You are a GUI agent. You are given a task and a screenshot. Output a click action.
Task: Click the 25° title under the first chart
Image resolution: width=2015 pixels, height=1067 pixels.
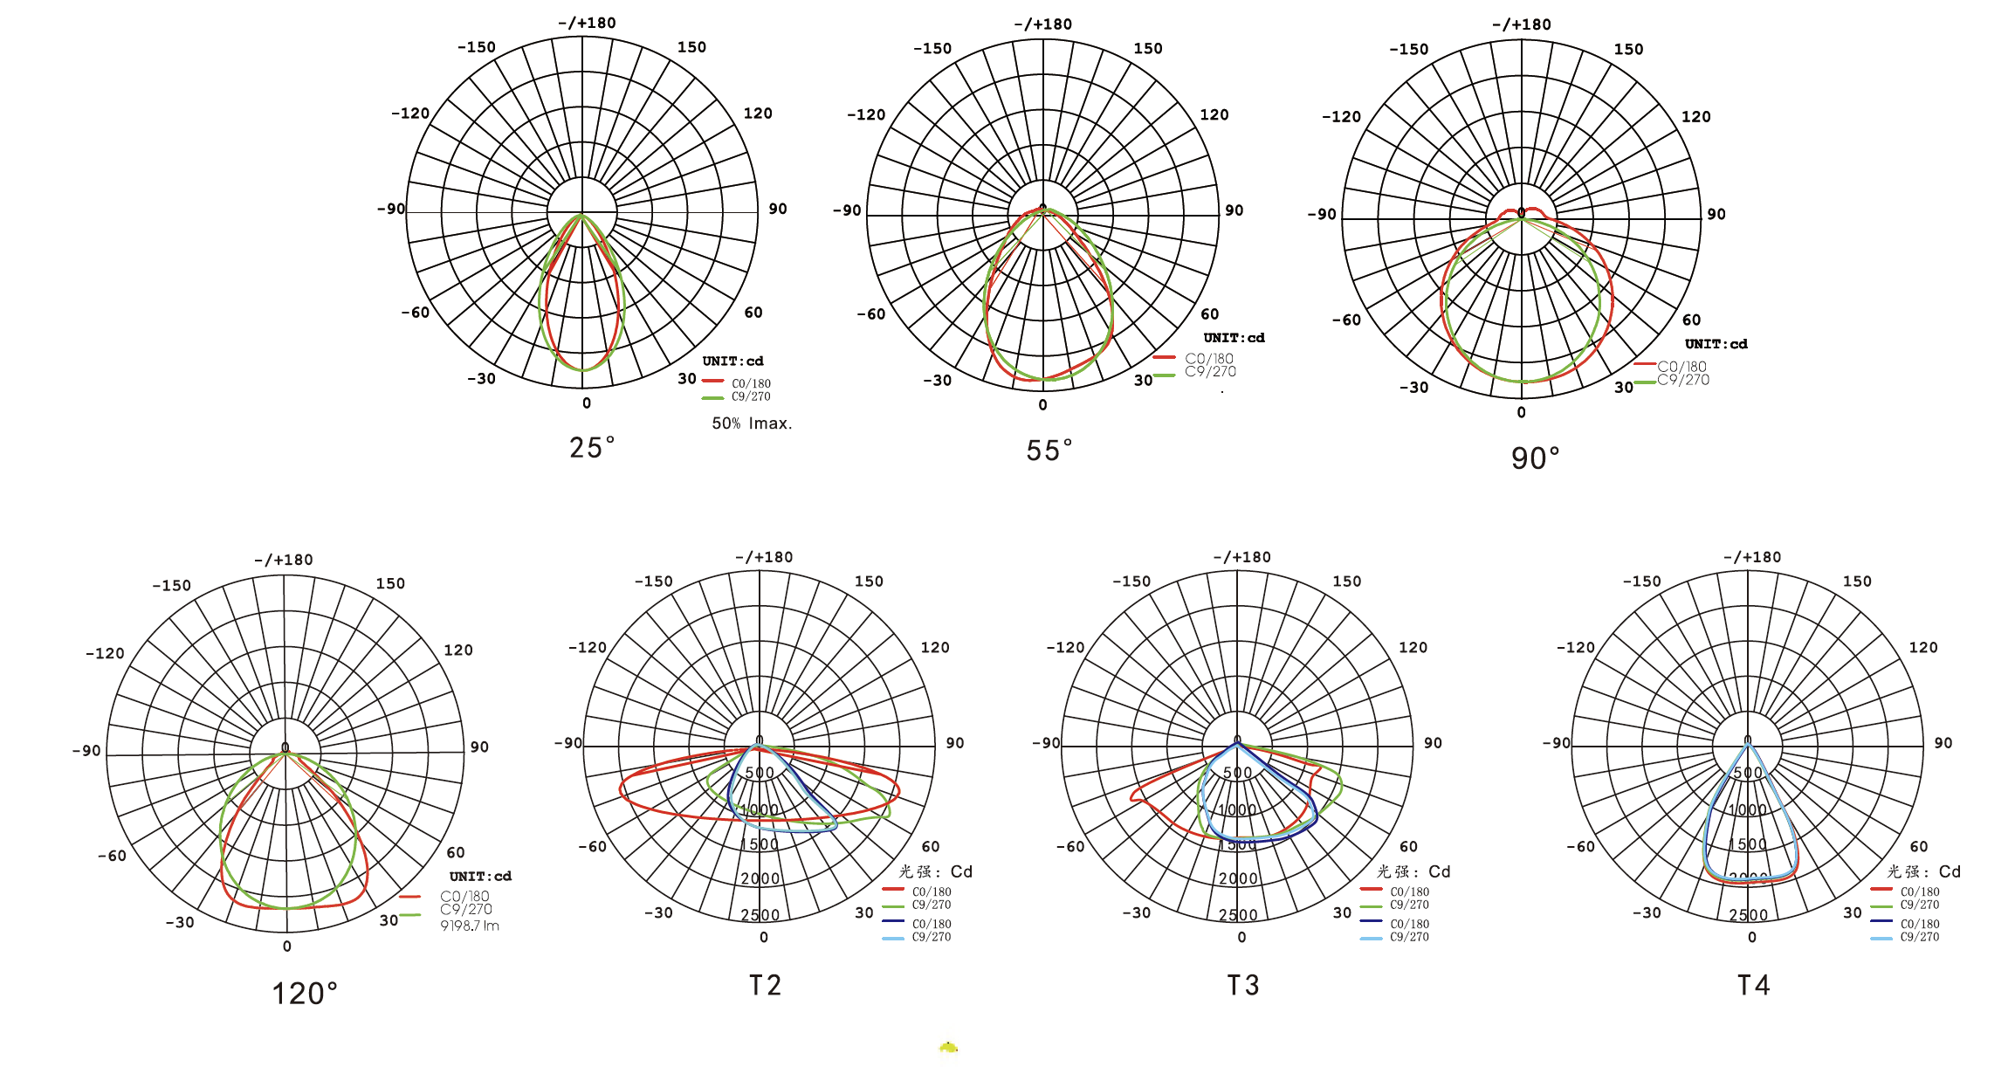tap(591, 448)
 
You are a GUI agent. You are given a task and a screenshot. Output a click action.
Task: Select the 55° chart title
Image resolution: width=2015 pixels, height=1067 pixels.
tap(1049, 451)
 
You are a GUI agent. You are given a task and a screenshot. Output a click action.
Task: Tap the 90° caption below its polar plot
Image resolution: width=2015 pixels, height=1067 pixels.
tap(1535, 458)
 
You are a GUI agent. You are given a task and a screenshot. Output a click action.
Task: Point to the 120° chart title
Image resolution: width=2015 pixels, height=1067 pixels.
tap(304, 994)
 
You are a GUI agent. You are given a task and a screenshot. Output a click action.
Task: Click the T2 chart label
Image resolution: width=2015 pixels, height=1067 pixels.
tap(765, 986)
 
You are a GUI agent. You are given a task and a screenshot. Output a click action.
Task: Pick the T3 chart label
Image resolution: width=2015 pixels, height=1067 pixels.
tap(1243, 986)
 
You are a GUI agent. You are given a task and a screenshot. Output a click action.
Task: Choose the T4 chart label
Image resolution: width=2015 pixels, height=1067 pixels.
tap(1753, 986)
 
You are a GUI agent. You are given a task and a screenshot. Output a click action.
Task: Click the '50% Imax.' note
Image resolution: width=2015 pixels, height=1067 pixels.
tap(752, 423)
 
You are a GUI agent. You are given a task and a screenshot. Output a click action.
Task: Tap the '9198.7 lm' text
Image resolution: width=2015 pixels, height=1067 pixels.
tap(470, 926)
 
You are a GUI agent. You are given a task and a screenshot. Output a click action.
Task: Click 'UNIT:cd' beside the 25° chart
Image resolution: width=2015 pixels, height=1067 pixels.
tap(732, 361)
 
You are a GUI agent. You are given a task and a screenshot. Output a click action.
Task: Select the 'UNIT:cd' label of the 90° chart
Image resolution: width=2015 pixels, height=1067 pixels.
tap(1716, 344)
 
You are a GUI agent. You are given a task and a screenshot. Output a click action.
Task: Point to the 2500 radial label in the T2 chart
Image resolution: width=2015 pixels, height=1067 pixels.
tap(760, 915)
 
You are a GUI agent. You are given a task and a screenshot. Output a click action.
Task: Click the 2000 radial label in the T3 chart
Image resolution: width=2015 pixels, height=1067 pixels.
tap(1238, 878)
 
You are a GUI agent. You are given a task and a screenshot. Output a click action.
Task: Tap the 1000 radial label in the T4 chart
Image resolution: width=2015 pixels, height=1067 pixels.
tap(1748, 810)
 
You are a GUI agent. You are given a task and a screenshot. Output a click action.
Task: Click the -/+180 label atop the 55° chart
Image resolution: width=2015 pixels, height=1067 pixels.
tap(1042, 24)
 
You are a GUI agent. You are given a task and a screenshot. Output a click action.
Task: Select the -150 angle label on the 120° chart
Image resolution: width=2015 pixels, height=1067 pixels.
tap(171, 585)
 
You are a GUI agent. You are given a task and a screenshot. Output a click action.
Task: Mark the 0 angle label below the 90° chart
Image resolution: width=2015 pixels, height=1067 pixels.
tap(1521, 412)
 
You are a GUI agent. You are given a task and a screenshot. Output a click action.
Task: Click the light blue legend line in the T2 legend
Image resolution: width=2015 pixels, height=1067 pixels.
tap(893, 938)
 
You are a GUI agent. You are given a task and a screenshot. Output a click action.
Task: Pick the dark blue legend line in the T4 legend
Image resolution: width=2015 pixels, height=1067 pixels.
tap(1881, 922)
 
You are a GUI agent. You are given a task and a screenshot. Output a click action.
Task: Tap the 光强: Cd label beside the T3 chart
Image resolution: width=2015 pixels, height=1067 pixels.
tap(1413, 871)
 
